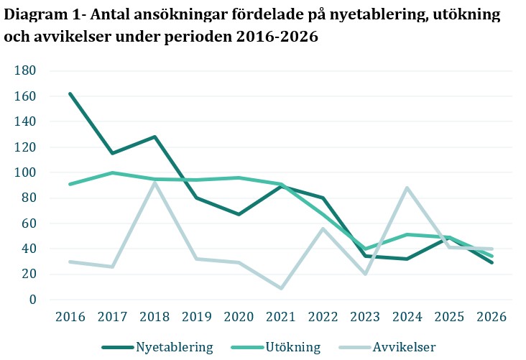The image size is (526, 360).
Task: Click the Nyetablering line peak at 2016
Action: (x=70, y=93)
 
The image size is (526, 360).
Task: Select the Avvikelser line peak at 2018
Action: (x=154, y=183)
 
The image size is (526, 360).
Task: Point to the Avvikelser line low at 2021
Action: (x=281, y=288)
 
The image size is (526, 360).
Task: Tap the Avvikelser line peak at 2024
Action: (x=407, y=188)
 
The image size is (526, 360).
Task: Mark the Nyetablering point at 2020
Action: (x=239, y=214)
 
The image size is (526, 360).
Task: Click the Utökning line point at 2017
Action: (x=112, y=172)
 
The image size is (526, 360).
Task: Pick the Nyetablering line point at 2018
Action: (x=154, y=137)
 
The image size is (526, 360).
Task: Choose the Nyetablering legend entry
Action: (x=157, y=347)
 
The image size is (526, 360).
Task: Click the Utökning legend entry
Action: (x=275, y=347)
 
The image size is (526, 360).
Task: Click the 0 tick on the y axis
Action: (x=32, y=300)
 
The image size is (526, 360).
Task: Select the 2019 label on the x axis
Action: (x=197, y=317)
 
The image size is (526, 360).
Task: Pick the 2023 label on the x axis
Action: (x=366, y=317)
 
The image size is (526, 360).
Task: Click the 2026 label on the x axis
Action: (x=492, y=317)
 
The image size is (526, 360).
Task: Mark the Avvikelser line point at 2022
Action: (x=323, y=229)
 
